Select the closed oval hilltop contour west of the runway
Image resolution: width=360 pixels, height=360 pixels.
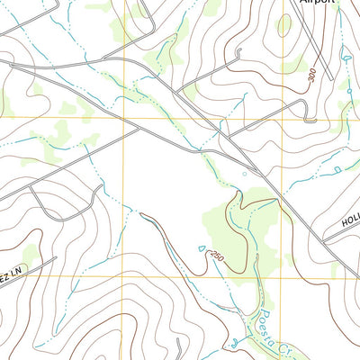click(285, 26)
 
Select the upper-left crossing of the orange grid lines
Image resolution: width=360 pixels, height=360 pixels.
click(112, 119)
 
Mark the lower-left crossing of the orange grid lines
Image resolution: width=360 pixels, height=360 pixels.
click(112, 276)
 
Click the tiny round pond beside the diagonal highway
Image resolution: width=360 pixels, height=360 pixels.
click(244, 174)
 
